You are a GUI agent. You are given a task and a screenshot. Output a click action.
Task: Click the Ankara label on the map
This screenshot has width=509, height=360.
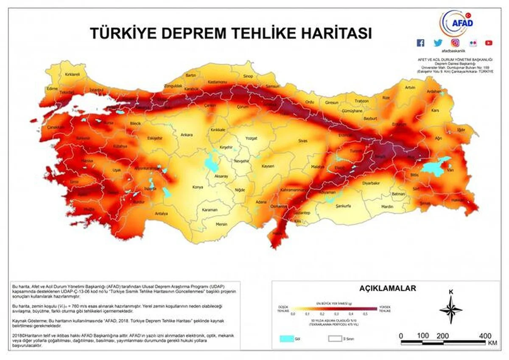[187, 135]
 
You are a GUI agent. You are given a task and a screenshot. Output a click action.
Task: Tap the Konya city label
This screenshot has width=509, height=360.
[198, 187]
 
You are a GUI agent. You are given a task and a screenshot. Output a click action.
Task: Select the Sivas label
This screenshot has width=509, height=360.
[302, 140]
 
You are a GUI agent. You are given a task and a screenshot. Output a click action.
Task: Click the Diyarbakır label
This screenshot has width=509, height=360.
[370, 183]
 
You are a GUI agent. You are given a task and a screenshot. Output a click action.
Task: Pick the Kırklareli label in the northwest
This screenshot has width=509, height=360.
[72, 74]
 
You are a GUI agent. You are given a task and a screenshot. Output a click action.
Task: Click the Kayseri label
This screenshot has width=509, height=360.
[268, 166]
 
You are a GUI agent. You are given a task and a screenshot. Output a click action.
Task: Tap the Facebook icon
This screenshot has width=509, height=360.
[420, 43]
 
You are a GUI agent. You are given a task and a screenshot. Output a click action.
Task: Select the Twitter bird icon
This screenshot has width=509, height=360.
[438, 43]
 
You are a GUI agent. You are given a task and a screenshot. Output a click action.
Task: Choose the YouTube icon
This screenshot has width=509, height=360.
[489, 43]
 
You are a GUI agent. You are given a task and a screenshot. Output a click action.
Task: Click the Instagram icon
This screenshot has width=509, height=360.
[455, 43]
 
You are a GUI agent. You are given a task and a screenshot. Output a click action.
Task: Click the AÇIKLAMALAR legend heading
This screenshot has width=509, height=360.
[388, 288]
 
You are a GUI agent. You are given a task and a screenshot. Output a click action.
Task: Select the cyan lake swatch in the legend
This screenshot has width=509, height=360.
[287, 339]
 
